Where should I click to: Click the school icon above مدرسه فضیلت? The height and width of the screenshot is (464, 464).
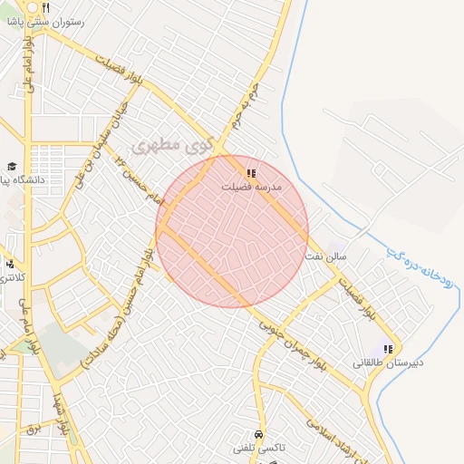[251, 172]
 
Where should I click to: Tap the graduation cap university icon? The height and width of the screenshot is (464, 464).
[12, 167]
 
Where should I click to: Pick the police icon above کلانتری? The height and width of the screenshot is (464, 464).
[10, 264]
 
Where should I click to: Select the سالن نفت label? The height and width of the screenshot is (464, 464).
[325, 257]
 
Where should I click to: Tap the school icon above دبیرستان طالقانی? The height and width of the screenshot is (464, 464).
[388, 349]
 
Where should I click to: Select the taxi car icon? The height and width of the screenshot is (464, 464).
[260, 434]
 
